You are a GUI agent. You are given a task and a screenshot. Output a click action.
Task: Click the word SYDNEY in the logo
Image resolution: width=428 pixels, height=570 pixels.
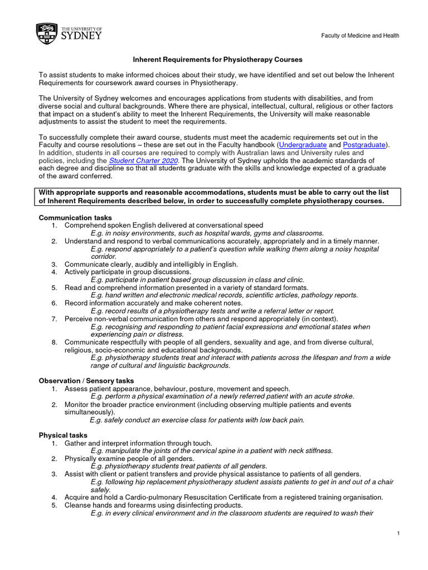81,36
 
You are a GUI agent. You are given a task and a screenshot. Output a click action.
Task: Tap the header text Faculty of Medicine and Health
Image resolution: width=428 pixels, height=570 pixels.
359,36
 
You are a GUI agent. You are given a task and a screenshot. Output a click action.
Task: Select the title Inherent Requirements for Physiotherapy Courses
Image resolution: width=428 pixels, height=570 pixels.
217,59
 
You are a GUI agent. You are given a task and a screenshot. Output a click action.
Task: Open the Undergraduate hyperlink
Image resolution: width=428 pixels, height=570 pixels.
306,145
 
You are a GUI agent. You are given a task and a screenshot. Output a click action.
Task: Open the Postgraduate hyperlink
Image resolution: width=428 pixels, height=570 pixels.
365,145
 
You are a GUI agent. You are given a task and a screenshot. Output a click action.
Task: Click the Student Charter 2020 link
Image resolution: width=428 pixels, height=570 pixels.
148,160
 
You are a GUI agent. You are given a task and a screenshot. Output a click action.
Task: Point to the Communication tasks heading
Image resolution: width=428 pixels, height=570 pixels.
75,217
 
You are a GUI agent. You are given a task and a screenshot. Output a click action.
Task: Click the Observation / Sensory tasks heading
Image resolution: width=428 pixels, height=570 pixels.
86,380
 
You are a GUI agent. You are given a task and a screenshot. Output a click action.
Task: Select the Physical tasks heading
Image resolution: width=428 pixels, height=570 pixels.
63,435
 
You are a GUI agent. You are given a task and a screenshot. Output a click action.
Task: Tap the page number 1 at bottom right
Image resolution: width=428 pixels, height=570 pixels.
399,534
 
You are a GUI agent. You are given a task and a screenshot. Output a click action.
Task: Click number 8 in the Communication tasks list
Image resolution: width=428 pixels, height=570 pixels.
54,342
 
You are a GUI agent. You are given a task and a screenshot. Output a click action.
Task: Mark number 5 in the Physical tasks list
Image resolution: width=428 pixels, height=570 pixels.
54,505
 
